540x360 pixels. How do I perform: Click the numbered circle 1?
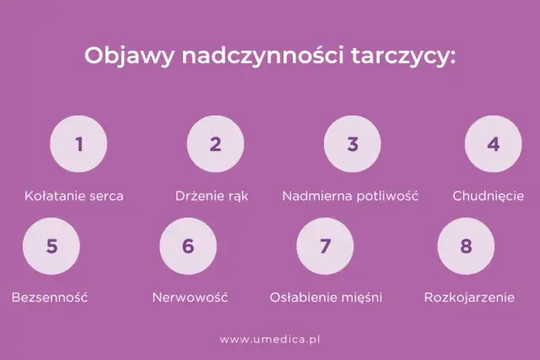(78, 144)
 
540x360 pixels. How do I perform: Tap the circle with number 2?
(215, 144)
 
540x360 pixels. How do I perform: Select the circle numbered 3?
(353, 144)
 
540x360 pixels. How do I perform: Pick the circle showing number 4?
(493, 144)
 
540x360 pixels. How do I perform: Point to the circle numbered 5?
(51, 246)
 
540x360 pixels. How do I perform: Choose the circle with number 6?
(188, 246)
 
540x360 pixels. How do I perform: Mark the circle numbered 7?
(326, 246)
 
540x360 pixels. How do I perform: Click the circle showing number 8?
(466, 246)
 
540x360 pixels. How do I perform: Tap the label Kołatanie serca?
(74, 196)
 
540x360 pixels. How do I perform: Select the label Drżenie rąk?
(212, 196)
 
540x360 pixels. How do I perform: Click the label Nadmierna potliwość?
(350, 196)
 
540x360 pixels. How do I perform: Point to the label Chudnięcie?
(489, 196)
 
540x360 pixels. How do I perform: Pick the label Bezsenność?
(50, 298)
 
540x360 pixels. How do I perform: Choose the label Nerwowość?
(190, 298)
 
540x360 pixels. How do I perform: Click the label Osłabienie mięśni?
(326, 298)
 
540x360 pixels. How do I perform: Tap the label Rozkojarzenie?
(469, 298)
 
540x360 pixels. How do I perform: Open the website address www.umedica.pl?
(271, 340)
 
